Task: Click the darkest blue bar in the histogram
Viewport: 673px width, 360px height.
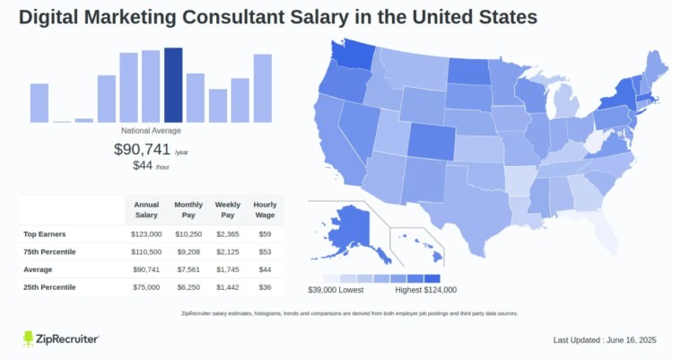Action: pos(173,84)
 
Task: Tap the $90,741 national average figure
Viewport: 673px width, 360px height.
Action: pos(142,149)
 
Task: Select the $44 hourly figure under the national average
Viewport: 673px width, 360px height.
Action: pos(142,165)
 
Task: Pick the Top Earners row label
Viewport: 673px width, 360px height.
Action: pos(44,233)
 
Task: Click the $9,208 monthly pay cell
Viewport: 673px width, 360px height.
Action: pos(188,251)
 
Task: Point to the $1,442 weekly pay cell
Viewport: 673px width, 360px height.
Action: pos(229,287)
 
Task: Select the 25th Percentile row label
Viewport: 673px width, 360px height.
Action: pos(49,287)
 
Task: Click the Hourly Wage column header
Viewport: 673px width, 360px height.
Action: pos(266,210)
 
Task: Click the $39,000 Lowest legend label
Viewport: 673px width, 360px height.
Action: pos(335,290)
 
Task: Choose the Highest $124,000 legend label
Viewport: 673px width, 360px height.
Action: pos(425,290)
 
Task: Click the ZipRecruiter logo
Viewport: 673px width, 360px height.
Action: pos(60,338)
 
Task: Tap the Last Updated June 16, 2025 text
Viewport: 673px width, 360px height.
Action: pos(606,340)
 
